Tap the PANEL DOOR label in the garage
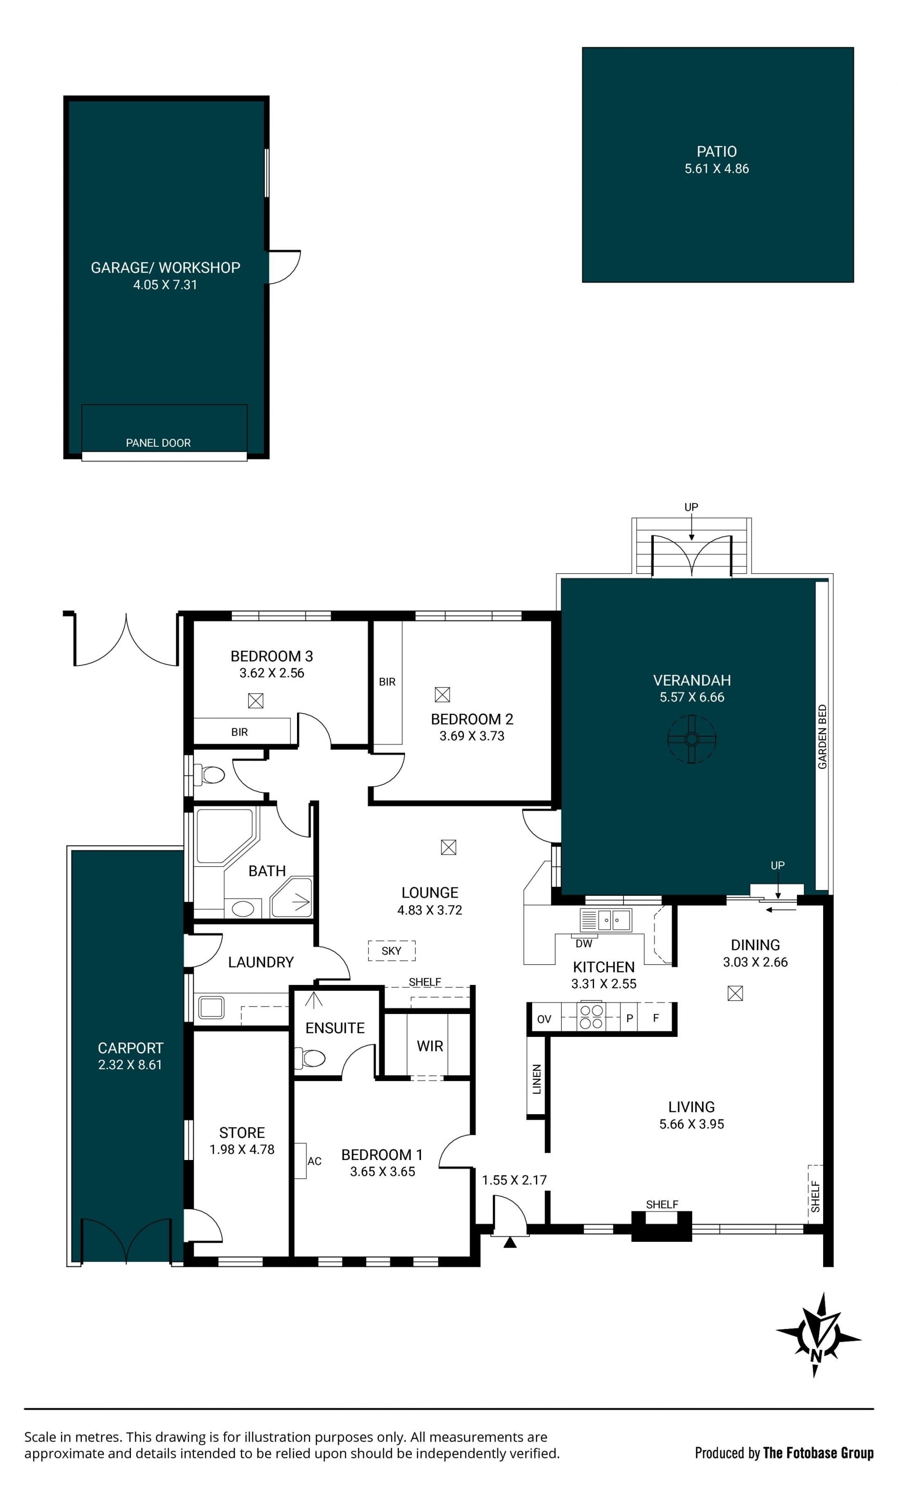point(158,442)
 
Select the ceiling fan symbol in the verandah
point(692,739)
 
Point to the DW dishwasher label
point(584,943)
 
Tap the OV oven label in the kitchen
point(544,1019)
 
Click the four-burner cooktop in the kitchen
point(591,1017)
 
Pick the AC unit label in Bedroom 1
point(314,1161)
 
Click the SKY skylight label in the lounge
point(391,950)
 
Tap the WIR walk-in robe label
point(430,1046)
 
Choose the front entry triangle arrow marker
point(510,1242)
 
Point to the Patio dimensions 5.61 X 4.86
point(717,169)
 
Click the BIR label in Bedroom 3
point(239,732)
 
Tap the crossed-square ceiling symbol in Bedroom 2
point(442,695)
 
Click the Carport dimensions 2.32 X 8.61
point(130,1065)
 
